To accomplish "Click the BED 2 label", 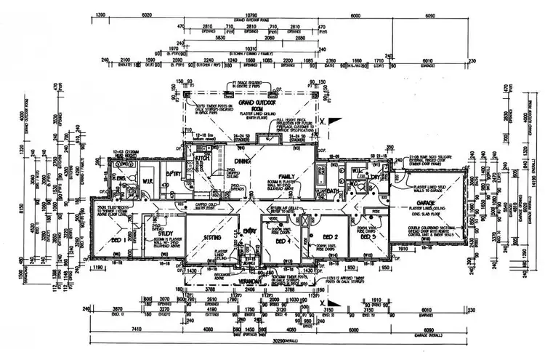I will [331, 237].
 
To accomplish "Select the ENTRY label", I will [251, 231].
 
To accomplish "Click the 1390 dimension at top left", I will [101, 14].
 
